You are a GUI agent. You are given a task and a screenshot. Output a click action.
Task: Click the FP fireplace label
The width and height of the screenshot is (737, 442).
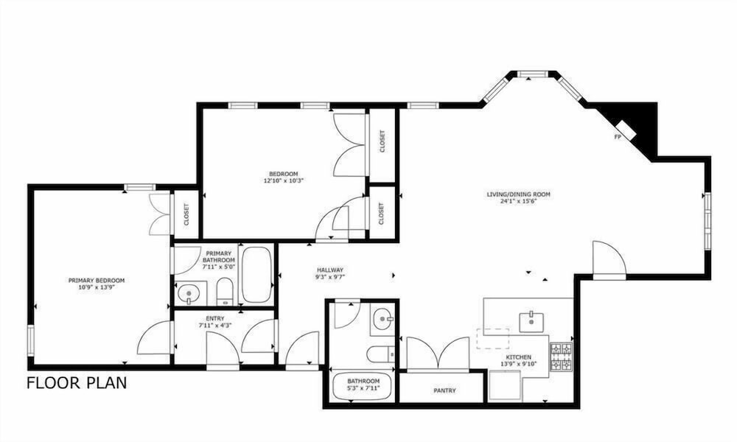tap(617, 137)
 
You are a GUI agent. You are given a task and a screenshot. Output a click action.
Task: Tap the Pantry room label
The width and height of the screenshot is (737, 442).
tap(444, 390)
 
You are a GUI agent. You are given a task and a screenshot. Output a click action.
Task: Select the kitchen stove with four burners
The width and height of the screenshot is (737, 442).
tap(561, 357)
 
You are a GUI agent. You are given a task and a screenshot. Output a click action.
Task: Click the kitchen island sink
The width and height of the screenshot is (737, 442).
tap(531, 322)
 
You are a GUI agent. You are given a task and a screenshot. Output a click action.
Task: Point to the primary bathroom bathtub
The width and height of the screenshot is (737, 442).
tap(256, 274)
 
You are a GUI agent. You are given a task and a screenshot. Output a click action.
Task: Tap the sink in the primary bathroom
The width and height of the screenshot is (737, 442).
tap(190, 294)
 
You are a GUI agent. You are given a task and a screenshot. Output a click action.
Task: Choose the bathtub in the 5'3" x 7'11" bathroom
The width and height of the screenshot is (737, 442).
tap(362, 387)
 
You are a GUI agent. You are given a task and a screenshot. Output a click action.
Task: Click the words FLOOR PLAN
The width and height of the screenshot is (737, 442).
tap(77, 383)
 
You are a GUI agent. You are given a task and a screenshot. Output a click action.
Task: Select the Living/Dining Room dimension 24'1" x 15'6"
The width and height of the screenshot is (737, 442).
tap(518, 201)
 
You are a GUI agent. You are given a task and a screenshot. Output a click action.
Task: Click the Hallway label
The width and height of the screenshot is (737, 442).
tap(330, 270)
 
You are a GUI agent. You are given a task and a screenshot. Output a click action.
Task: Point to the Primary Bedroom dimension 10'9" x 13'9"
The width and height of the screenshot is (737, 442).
tap(97, 287)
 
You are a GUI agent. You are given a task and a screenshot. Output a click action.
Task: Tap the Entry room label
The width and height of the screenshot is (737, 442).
tap(215, 318)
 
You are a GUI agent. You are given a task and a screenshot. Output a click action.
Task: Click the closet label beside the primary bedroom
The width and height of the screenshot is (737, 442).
tap(186, 214)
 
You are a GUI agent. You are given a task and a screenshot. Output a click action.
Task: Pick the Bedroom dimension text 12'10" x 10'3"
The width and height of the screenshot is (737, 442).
tap(284, 180)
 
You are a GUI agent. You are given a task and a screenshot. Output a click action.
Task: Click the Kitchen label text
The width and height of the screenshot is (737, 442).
tap(519, 357)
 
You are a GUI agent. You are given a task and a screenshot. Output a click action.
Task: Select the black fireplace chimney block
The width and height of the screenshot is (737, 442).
tap(637, 127)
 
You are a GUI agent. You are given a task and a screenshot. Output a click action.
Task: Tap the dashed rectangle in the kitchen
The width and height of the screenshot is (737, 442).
tap(493, 338)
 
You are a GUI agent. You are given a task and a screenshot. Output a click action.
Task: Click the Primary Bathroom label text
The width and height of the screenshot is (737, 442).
tap(219, 257)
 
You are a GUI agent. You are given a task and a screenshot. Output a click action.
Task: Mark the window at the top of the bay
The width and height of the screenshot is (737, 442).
tap(533, 73)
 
